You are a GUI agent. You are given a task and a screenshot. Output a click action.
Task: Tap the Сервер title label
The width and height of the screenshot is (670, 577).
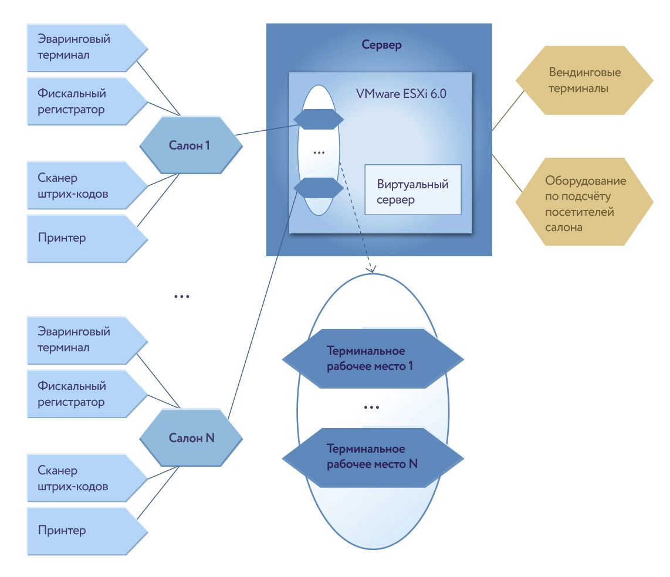(x=381, y=45)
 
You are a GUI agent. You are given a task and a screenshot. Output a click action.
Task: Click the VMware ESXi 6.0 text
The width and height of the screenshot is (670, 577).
(x=401, y=94)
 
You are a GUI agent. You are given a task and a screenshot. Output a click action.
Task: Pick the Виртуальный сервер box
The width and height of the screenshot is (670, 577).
(x=412, y=192)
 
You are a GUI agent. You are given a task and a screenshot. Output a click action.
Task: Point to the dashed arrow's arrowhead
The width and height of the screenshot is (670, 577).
(x=371, y=270)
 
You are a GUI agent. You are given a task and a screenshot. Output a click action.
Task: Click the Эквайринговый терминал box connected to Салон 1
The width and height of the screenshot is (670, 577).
(x=82, y=47)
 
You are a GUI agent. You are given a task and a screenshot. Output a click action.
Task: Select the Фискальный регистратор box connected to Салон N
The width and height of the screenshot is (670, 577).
(x=82, y=394)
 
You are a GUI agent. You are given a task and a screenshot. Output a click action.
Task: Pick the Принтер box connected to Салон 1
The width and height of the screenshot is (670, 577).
(x=82, y=237)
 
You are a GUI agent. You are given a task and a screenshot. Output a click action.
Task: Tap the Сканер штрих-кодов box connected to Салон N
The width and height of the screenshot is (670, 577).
(x=82, y=478)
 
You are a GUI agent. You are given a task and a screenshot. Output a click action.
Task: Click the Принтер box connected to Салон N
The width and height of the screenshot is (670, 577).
(x=82, y=530)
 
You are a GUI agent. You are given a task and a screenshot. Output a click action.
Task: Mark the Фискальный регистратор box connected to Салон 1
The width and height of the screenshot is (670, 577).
(x=82, y=101)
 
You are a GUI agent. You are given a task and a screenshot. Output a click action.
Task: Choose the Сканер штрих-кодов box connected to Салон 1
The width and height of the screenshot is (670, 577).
(x=82, y=186)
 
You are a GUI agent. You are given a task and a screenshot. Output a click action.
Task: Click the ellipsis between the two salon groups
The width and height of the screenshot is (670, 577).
(x=182, y=297)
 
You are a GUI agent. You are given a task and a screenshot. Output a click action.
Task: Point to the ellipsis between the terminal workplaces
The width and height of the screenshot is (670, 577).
(x=371, y=407)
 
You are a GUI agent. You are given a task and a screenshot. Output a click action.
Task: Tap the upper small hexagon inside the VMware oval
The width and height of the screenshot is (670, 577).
(x=319, y=119)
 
